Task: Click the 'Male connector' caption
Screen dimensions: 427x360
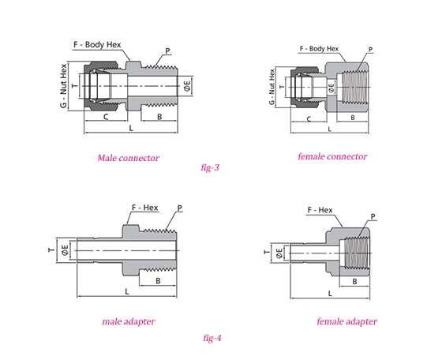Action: click(129, 158)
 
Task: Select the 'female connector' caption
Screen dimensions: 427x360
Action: click(332, 156)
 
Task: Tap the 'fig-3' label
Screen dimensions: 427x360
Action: click(210, 167)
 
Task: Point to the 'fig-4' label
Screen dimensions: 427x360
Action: click(212, 338)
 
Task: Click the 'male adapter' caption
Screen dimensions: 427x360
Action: click(129, 321)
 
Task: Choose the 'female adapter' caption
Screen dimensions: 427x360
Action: click(347, 321)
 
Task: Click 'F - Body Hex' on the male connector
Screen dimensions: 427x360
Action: click(97, 45)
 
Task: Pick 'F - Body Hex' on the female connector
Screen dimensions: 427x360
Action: click(319, 49)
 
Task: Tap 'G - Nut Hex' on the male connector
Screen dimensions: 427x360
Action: click(63, 86)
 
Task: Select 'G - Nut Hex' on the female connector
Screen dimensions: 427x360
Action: click(272, 87)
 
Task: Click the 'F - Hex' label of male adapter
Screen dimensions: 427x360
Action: click(145, 208)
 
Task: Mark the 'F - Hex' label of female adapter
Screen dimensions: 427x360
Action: click(320, 210)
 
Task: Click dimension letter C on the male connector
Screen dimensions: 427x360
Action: click(106, 117)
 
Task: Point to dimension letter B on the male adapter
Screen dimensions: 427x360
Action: click(158, 281)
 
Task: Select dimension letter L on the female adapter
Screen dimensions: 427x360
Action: click(330, 294)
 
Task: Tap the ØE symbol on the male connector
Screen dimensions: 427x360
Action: click(187, 86)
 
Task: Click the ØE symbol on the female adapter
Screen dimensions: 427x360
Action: click(279, 253)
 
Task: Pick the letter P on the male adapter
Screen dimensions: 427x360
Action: click(180, 208)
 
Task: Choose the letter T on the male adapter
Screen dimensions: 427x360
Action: click(51, 250)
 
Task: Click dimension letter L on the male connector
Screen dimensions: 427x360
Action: click(131, 128)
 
